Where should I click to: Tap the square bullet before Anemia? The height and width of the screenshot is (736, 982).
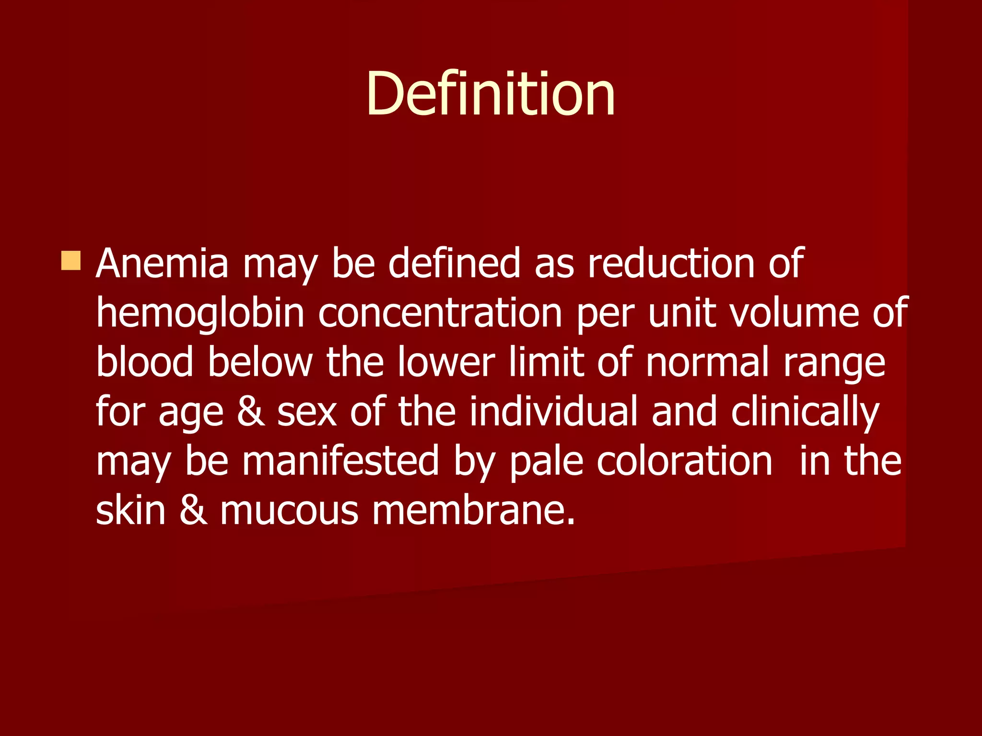tap(71, 261)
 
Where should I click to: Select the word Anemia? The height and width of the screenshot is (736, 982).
tap(162, 263)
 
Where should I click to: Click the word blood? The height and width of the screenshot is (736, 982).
tap(144, 362)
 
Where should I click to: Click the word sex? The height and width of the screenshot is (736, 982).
tap(307, 412)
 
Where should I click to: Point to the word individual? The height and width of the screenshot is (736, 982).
tap(553, 411)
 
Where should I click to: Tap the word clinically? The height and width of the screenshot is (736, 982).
tap(805, 412)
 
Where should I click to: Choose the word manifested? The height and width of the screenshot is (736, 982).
tap(340, 460)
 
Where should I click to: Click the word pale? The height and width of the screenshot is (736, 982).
tap(546, 461)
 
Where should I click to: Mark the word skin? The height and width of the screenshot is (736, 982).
tap(130, 510)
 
